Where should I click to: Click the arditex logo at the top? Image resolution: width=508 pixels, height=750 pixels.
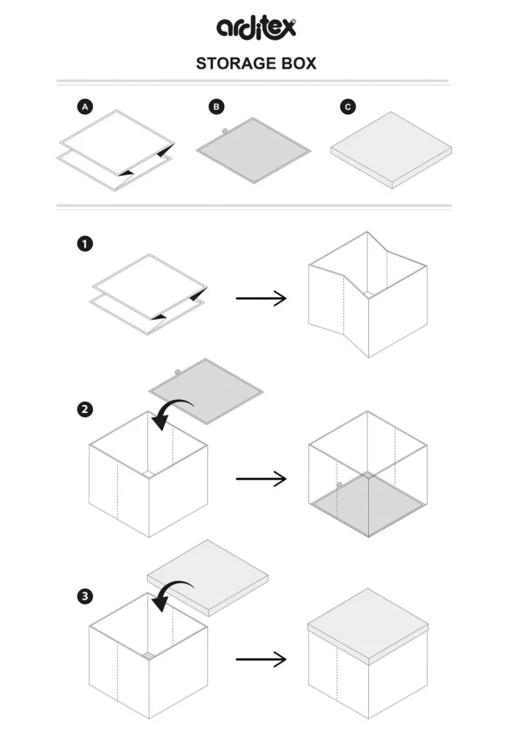pos(255,27)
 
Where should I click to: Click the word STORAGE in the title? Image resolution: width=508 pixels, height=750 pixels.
pos(233,64)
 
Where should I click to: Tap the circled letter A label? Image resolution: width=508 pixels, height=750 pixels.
pos(85,107)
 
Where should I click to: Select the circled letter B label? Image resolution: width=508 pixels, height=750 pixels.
pos(217,107)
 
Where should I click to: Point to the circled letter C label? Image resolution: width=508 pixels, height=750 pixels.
pos(348,107)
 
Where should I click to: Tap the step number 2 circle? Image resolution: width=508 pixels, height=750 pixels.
pos(85,409)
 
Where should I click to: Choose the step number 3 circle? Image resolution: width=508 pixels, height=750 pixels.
pos(85,597)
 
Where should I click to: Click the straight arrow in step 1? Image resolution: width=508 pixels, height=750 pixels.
pos(261,298)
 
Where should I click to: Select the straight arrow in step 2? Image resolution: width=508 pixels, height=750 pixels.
pos(261,479)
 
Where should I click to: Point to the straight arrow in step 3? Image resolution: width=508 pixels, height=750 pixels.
pos(261,659)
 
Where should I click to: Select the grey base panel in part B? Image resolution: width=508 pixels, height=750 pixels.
pos(254,149)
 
